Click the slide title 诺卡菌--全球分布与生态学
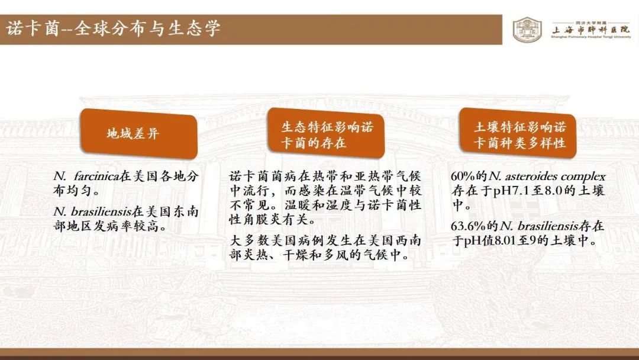pyautogui.click(x=113, y=29)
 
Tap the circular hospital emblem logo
pyautogui.click(x=527, y=30)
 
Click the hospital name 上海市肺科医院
pyautogui.click(x=591, y=30)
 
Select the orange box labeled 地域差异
pyautogui.click(x=138, y=133)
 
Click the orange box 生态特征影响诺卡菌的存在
pyautogui.click(x=325, y=133)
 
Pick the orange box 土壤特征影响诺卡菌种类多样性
pyautogui.click(x=518, y=133)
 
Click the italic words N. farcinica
pyautogui.click(x=86, y=176)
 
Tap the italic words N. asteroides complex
pyautogui.click(x=547, y=176)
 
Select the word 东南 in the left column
pyautogui.click(x=185, y=211)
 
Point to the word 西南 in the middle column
pyautogui.click(x=408, y=240)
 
